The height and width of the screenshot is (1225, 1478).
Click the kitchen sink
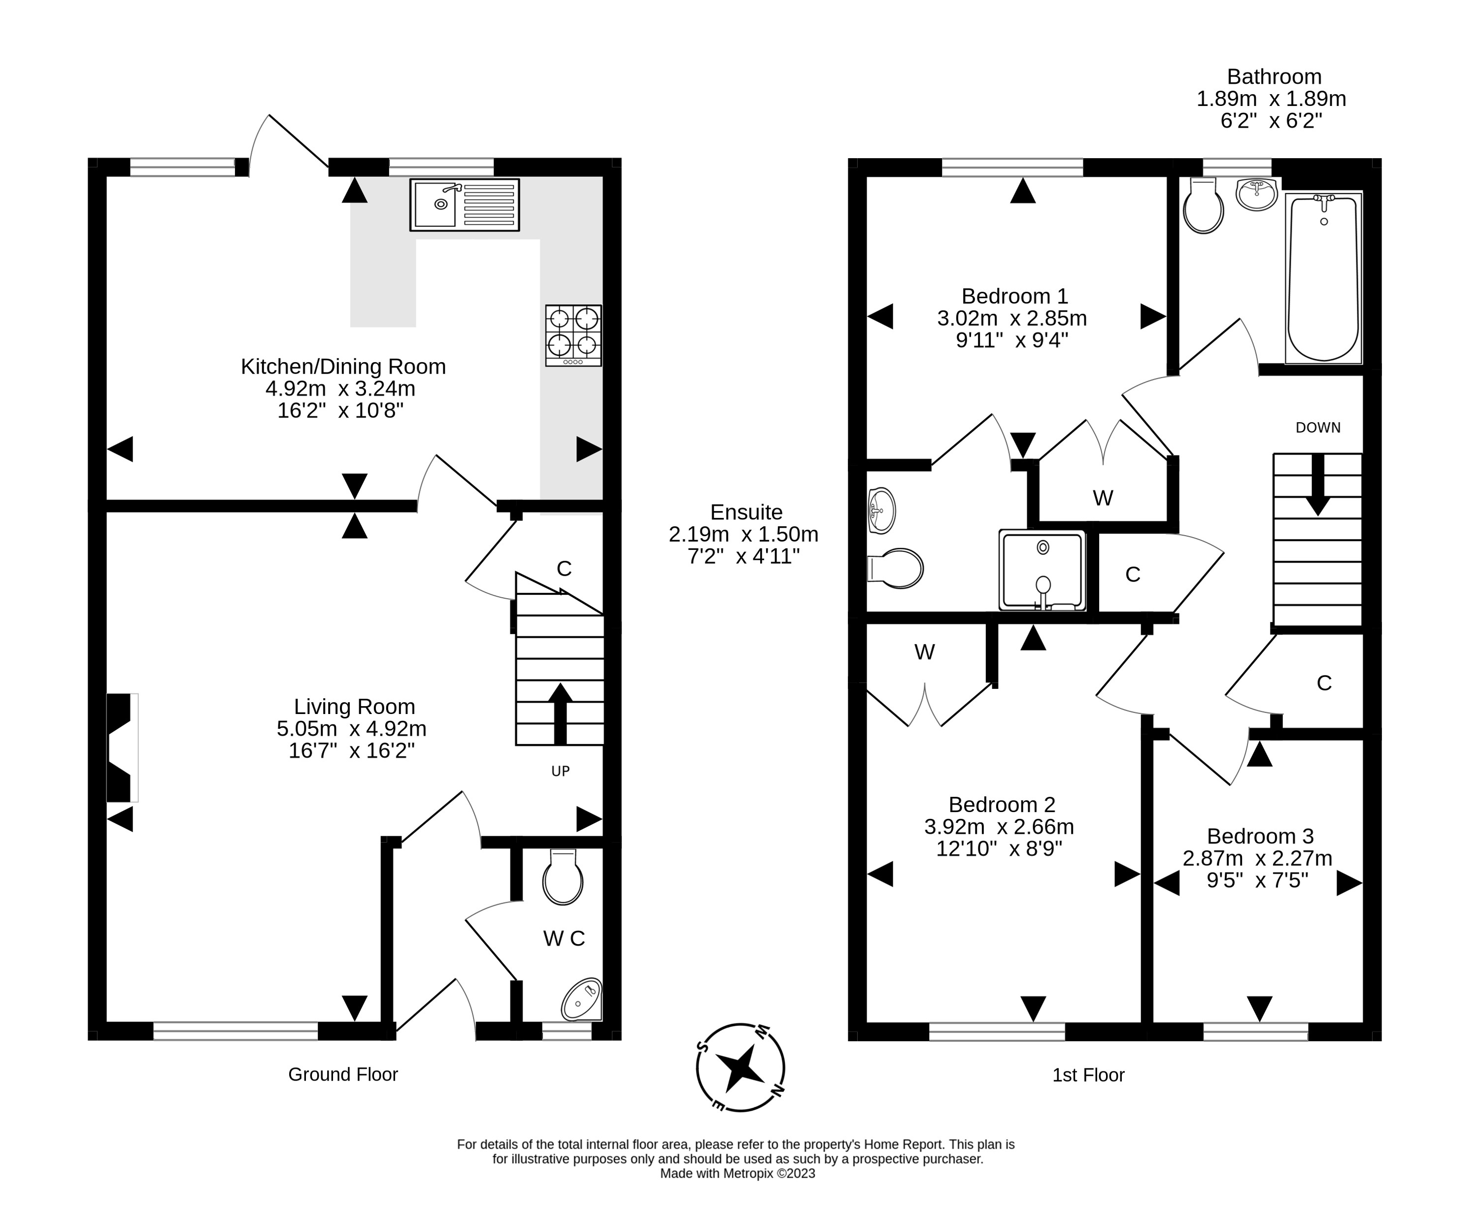pyautogui.click(x=465, y=205)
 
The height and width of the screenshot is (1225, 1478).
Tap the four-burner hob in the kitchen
pyautogui.click(x=573, y=335)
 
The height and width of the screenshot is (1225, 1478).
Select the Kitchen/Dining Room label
pyautogui.click(x=343, y=366)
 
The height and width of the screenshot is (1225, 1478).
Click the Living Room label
pyautogui.click(x=354, y=706)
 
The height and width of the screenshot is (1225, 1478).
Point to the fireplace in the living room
pyautogui.click(x=121, y=748)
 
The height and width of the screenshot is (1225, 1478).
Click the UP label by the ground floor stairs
pyautogui.click(x=560, y=771)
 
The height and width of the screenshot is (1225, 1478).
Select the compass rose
pyautogui.click(x=740, y=1067)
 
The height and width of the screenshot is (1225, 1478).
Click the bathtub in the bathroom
pyautogui.click(x=1324, y=278)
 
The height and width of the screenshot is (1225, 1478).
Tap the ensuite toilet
pyautogui.click(x=895, y=568)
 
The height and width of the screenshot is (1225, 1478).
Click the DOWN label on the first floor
pyautogui.click(x=1318, y=427)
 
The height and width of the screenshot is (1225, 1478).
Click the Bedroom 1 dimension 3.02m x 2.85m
pyautogui.click(x=1012, y=318)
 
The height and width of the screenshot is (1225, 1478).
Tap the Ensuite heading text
pyautogui.click(x=746, y=512)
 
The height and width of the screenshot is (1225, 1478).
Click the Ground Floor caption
pyautogui.click(x=343, y=1074)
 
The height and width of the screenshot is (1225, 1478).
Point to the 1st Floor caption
pyautogui.click(x=1088, y=1075)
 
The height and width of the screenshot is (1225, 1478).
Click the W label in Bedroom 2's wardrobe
pyautogui.click(x=924, y=652)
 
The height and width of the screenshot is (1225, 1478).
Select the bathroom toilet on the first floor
pyautogui.click(x=1204, y=205)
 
